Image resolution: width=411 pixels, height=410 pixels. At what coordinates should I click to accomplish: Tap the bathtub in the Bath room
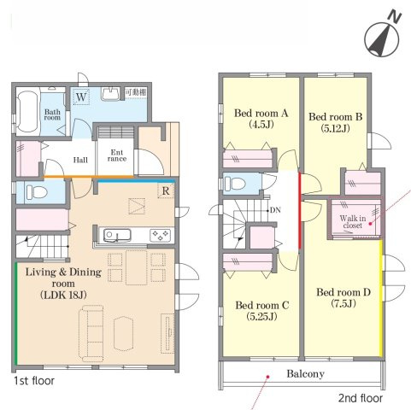point(27,112)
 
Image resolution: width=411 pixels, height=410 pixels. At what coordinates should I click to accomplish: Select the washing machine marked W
point(81,97)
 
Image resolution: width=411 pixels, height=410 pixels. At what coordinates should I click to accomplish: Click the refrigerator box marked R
point(166,190)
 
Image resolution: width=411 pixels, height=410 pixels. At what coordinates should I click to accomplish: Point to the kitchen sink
point(117,236)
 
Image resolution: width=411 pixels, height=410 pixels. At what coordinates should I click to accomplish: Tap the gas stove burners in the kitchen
point(161,235)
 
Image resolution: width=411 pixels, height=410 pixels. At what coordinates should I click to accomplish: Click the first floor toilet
point(37,193)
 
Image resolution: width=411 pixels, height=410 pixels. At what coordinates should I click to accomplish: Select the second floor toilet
point(235,184)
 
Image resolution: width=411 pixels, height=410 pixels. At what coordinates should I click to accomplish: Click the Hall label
point(80,160)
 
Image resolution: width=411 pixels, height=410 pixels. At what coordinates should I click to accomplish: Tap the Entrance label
point(117,155)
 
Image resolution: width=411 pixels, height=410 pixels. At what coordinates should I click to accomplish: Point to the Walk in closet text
point(353,222)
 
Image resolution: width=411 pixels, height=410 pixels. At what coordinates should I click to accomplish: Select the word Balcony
point(305,374)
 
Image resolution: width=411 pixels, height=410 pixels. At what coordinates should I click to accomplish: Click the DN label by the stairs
point(275,210)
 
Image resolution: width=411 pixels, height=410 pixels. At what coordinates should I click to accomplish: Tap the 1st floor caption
point(34,381)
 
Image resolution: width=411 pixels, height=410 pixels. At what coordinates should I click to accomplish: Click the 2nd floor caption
point(361,398)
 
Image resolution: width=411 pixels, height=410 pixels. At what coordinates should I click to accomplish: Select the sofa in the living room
point(91,333)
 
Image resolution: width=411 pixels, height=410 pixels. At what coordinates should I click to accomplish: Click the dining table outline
point(137,267)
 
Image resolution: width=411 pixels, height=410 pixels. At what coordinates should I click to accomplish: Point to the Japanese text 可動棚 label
point(136,92)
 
